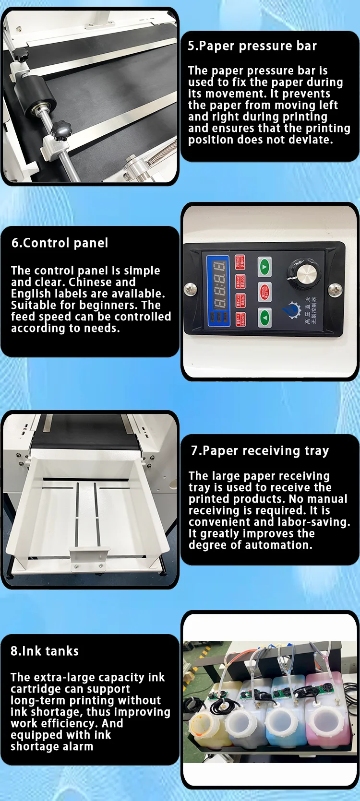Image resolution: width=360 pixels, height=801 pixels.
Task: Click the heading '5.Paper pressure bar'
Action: point(252,46)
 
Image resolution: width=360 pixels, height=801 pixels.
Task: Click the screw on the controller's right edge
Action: point(335,289)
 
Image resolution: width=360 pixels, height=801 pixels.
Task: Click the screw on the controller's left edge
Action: point(191,289)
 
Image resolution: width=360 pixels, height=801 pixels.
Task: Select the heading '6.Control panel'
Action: point(60,243)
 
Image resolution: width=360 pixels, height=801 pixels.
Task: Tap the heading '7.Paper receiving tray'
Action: point(260,451)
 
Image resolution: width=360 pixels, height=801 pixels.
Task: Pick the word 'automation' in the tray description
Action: point(281,545)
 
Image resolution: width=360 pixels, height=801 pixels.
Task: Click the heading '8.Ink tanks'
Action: point(45,651)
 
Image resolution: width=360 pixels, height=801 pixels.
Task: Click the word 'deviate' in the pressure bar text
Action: point(308,140)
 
